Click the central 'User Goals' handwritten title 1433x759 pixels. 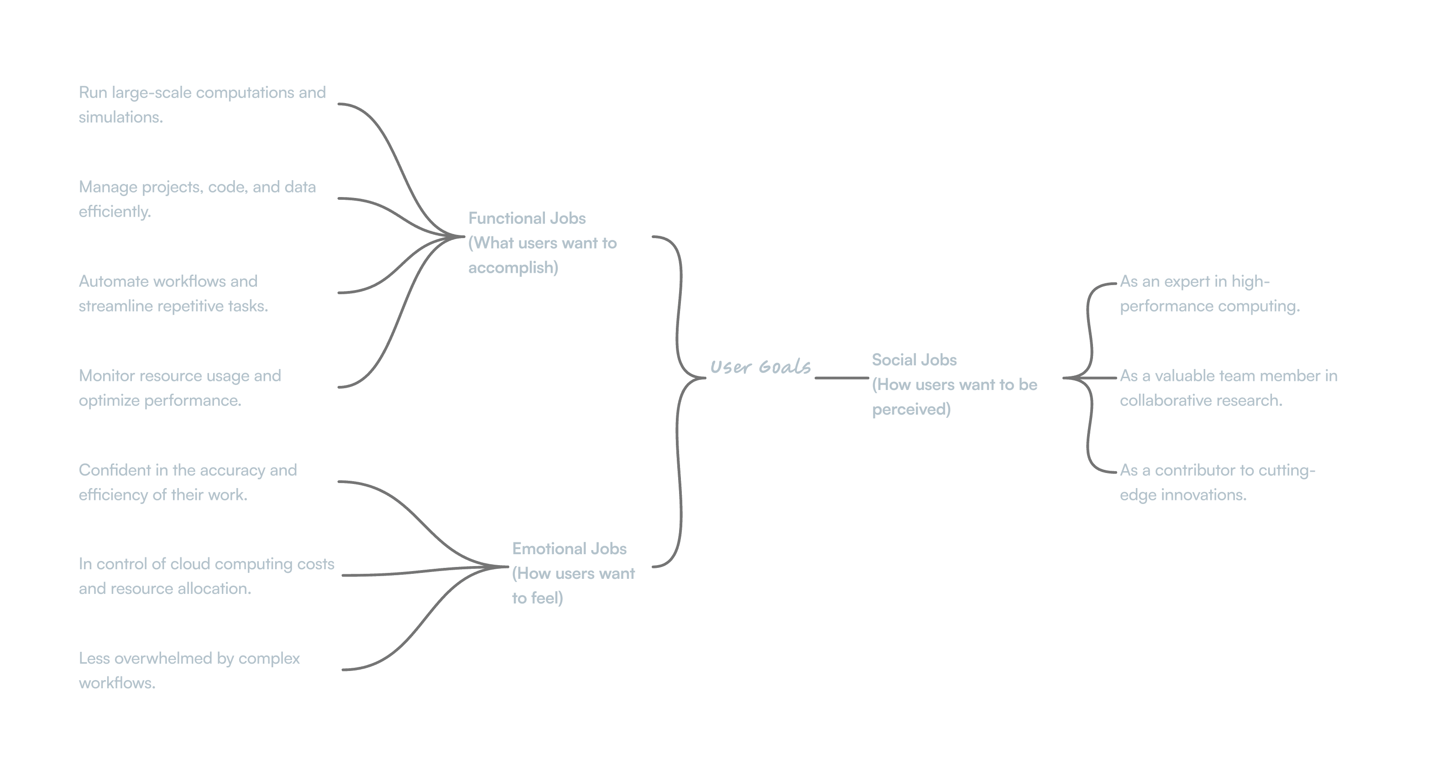[x=760, y=367]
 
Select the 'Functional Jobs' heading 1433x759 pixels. [x=526, y=218]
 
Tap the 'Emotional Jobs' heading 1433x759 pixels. [x=569, y=549]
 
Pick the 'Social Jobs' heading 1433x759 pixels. [x=914, y=360]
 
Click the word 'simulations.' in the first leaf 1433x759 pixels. [x=120, y=117]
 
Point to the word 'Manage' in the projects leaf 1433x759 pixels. [x=108, y=187]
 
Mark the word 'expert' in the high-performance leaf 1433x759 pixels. [x=1187, y=282]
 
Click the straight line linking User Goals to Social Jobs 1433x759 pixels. [x=841, y=378]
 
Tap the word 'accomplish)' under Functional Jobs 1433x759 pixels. [x=513, y=268]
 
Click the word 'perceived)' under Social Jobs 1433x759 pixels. [x=910, y=409]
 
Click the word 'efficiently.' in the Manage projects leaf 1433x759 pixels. [x=114, y=212]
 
